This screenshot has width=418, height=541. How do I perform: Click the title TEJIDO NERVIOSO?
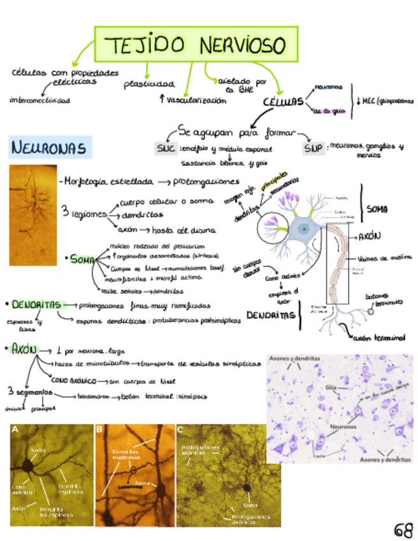[x=196, y=45]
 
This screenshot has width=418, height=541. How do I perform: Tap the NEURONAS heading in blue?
[x=48, y=148]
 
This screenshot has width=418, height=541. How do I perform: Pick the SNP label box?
[x=313, y=149]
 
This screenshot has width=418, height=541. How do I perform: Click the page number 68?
[x=403, y=530]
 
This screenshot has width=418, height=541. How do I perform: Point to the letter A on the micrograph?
[x=15, y=430]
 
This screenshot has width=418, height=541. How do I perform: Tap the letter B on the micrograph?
[x=100, y=430]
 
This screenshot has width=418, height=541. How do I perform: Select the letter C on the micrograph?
[x=180, y=430]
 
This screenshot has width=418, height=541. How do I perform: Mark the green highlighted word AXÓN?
[x=24, y=350]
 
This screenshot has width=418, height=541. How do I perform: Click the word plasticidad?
[x=148, y=84]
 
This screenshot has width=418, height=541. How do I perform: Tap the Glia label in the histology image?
[x=331, y=387]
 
